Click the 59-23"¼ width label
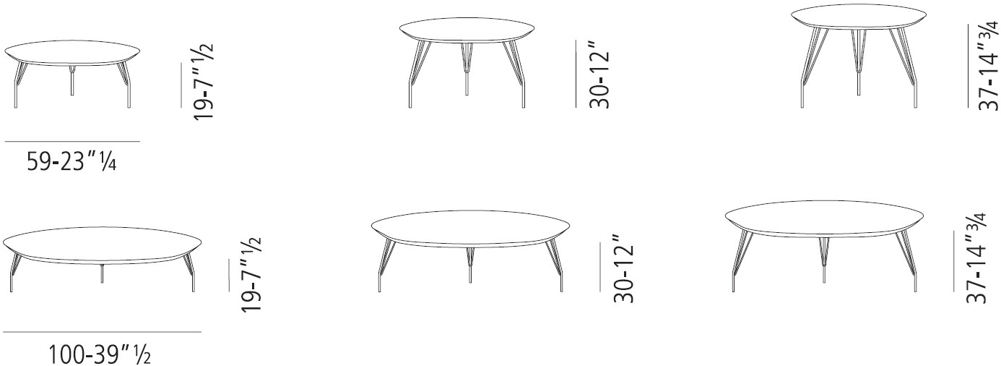(71, 161)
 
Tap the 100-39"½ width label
(99, 355)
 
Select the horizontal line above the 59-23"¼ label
(72, 141)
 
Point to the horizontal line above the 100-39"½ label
(102, 333)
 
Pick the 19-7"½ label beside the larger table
(250, 274)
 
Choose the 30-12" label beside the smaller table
(599, 75)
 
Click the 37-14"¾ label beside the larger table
(975, 258)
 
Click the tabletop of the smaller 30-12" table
(467, 31)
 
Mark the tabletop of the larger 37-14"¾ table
(825, 218)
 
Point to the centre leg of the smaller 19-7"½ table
(72, 86)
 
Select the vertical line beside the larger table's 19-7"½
(229, 275)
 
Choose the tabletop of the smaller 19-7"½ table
(73, 53)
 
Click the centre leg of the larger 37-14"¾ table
(823, 260)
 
